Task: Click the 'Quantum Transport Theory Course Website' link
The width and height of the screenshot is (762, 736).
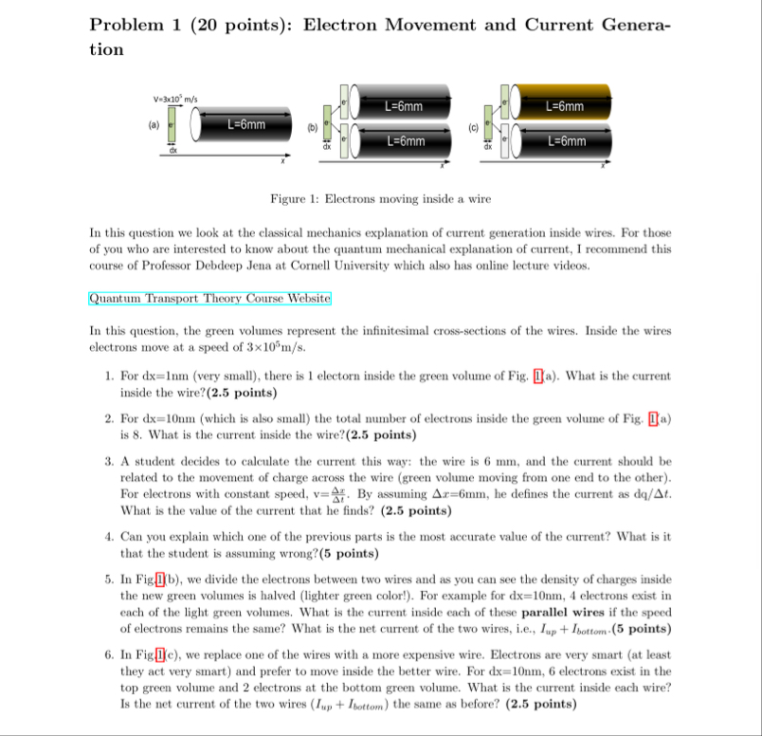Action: pyautogui.click(x=209, y=298)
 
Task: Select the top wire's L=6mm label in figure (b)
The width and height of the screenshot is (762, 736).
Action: pyautogui.click(x=404, y=107)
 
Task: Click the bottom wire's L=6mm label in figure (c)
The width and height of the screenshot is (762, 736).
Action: pyautogui.click(x=567, y=142)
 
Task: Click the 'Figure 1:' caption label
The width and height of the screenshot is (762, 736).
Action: pyautogui.click(x=295, y=200)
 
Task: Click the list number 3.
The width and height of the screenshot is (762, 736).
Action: pyautogui.click(x=110, y=461)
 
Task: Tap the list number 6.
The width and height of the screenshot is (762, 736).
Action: pyautogui.click(x=110, y=654)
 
